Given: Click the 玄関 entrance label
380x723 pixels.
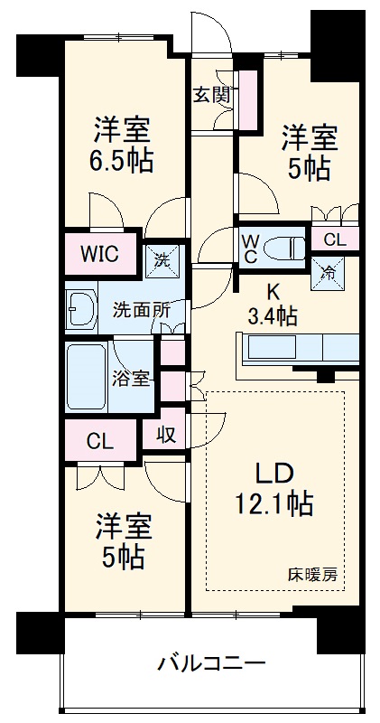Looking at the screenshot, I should click(x=212, y=95).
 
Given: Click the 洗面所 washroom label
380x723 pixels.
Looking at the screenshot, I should click(x=141, y=308).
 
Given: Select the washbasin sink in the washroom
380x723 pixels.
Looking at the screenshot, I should click(x=81, y=309).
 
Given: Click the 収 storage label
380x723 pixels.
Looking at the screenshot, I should click(x=165, y=435).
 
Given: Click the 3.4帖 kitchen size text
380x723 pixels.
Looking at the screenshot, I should click(x=273, y=315).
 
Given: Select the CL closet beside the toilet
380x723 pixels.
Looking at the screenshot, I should click(x=334, y=239).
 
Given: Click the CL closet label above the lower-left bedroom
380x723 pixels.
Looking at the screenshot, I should click(x=99, y=442).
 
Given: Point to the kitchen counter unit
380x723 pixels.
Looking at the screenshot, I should click(x=298, y=348).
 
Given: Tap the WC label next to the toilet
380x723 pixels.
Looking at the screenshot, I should click(x=250, y=247).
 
